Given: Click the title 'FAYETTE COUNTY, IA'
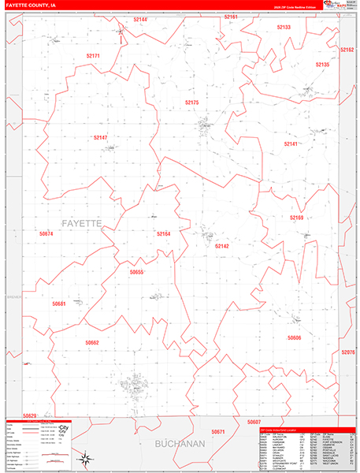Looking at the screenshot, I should [x=31, y=5].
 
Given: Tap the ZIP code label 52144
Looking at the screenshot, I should [x=140, y=19].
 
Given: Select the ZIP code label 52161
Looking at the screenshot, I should [x=231, y=17].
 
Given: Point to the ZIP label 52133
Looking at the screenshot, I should [x=284, y=28].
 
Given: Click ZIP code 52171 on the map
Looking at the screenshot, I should [x=93, y=56].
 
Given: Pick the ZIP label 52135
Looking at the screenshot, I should [x=322, y=65].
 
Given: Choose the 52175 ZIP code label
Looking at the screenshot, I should [x=192, y=103].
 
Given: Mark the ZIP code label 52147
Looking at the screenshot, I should [x=100, y=138].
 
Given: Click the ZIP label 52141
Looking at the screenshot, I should [x=291, y=144].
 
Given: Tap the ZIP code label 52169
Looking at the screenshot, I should [x=296, y=218].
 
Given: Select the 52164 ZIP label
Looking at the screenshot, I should [x=163, y=233].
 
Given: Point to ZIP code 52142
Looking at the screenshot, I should [x=222, y=247].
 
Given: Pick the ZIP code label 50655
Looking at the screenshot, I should [x=136, y=272].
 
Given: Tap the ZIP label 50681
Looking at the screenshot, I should [x=59, y=304].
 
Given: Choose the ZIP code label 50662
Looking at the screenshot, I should [x=92, y=342].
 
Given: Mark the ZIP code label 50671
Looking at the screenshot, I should [x=218, y=432].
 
